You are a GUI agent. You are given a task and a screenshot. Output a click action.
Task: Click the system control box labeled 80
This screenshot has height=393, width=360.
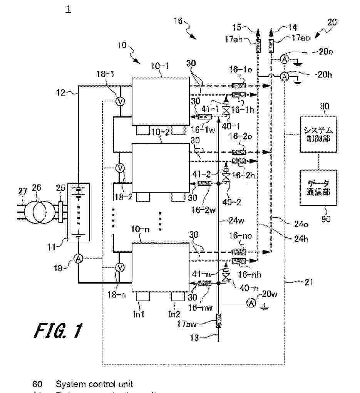[x=318, y=135]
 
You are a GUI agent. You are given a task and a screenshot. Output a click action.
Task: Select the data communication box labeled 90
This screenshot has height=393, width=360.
[x=318, y=188]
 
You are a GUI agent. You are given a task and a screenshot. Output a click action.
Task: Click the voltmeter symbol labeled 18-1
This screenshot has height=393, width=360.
[x=119, y=101]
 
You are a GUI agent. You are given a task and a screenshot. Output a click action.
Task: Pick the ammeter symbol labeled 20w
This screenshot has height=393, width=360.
[x=251, y=304]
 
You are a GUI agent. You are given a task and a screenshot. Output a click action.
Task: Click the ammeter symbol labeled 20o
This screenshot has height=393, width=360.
[x=284, y=59]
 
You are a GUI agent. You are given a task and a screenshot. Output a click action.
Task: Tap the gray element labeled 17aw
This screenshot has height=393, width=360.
[x=218, y=321]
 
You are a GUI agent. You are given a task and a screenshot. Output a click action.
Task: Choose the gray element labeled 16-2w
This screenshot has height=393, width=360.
[x=204, y=184]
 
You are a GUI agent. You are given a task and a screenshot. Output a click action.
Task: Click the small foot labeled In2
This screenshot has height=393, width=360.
[x=178, y=296]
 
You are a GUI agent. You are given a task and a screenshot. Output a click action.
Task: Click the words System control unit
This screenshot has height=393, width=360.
[x=94, y=384]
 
